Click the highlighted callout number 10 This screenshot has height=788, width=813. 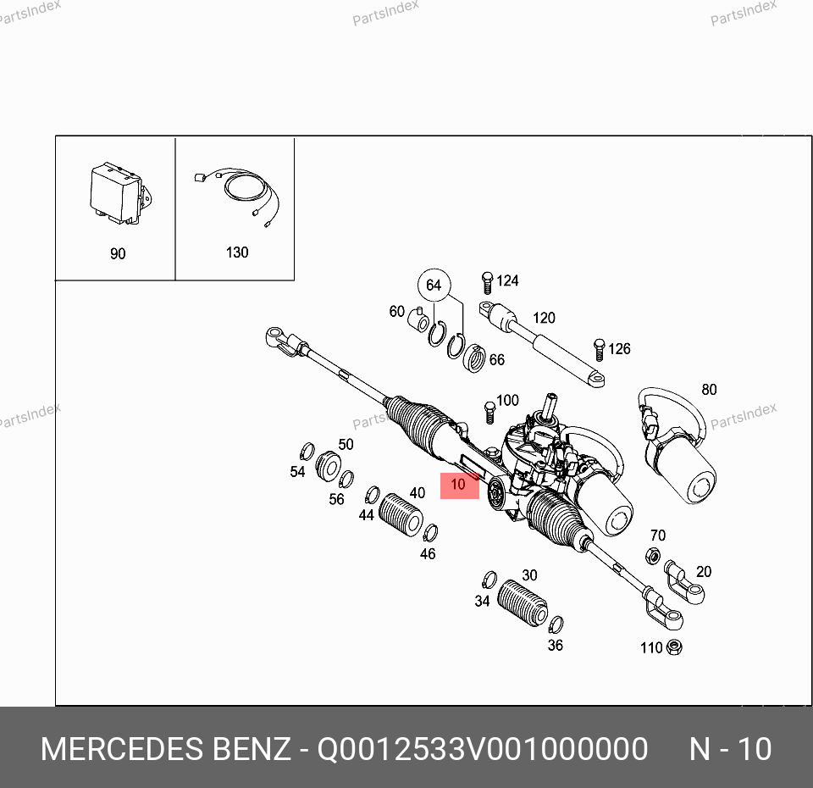(x=458, y=485)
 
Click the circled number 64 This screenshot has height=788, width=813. (x=434, y=285)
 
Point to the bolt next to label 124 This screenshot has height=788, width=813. (x=487, y=283)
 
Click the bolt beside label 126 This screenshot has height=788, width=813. (x=599, y=350)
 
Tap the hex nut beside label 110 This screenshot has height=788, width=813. (x=674, y=646)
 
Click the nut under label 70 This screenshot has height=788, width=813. (x=653, y=556)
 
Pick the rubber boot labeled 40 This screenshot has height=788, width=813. (x=401, y=515)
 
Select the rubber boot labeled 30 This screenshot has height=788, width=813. (x=523, y=602)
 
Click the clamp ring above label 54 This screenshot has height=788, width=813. (x=307, y=452)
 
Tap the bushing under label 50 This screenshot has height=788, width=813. (x=329, y=466)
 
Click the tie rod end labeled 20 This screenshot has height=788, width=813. (x=684, y=582)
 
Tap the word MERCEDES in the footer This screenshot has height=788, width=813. (x=121, y=749)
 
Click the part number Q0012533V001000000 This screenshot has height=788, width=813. (x=482, y=749)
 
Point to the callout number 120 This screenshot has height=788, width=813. (x=544, y=318)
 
